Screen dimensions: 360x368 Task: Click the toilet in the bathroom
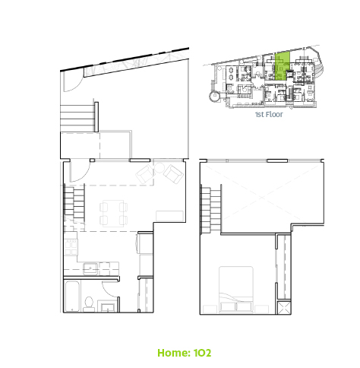88,304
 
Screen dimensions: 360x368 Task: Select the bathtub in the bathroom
73,297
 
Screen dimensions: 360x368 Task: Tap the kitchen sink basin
90,268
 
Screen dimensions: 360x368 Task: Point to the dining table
113,214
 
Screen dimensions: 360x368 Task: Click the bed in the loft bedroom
236,289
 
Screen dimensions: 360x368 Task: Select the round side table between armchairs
159,168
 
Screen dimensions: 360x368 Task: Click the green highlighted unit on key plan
282,66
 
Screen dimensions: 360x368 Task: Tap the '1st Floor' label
269,115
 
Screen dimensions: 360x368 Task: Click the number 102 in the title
202,353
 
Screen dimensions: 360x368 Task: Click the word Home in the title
174,353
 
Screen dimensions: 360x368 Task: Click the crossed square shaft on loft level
284,307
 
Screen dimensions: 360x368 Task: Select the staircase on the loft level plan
210,210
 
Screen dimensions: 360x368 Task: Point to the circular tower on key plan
214,97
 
